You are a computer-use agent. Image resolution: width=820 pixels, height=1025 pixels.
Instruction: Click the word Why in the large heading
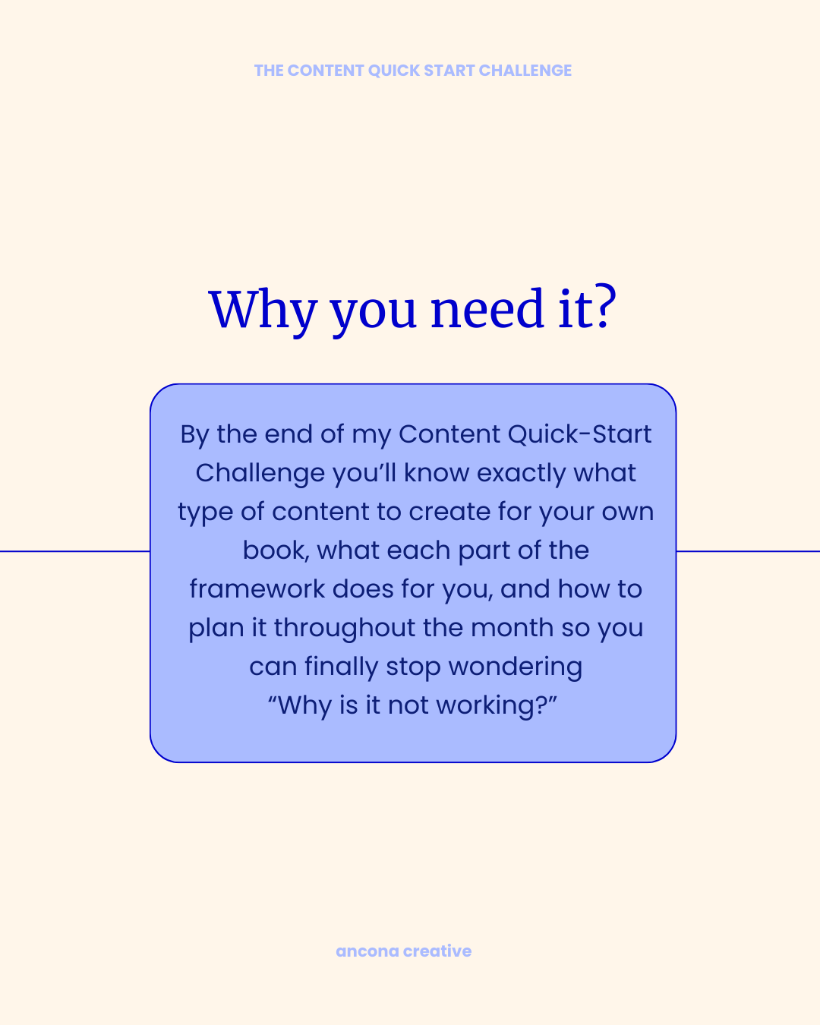[x=262, y=310]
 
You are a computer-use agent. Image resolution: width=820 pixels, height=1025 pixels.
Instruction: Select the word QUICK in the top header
[x=394, y=71]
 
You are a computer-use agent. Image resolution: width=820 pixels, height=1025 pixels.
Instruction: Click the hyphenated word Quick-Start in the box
[x=579, y=434]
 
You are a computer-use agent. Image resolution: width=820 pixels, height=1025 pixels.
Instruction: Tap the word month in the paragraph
[x=512, y=628]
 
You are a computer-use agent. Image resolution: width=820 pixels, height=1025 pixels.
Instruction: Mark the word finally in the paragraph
[x=342, y=667]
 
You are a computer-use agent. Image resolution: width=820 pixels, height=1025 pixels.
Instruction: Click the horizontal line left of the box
[x=74, y=551]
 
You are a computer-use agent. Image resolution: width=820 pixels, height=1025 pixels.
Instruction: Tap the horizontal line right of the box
[x=748, y=551]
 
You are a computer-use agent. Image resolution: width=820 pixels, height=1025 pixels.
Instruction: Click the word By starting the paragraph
[x=194, y=435]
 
